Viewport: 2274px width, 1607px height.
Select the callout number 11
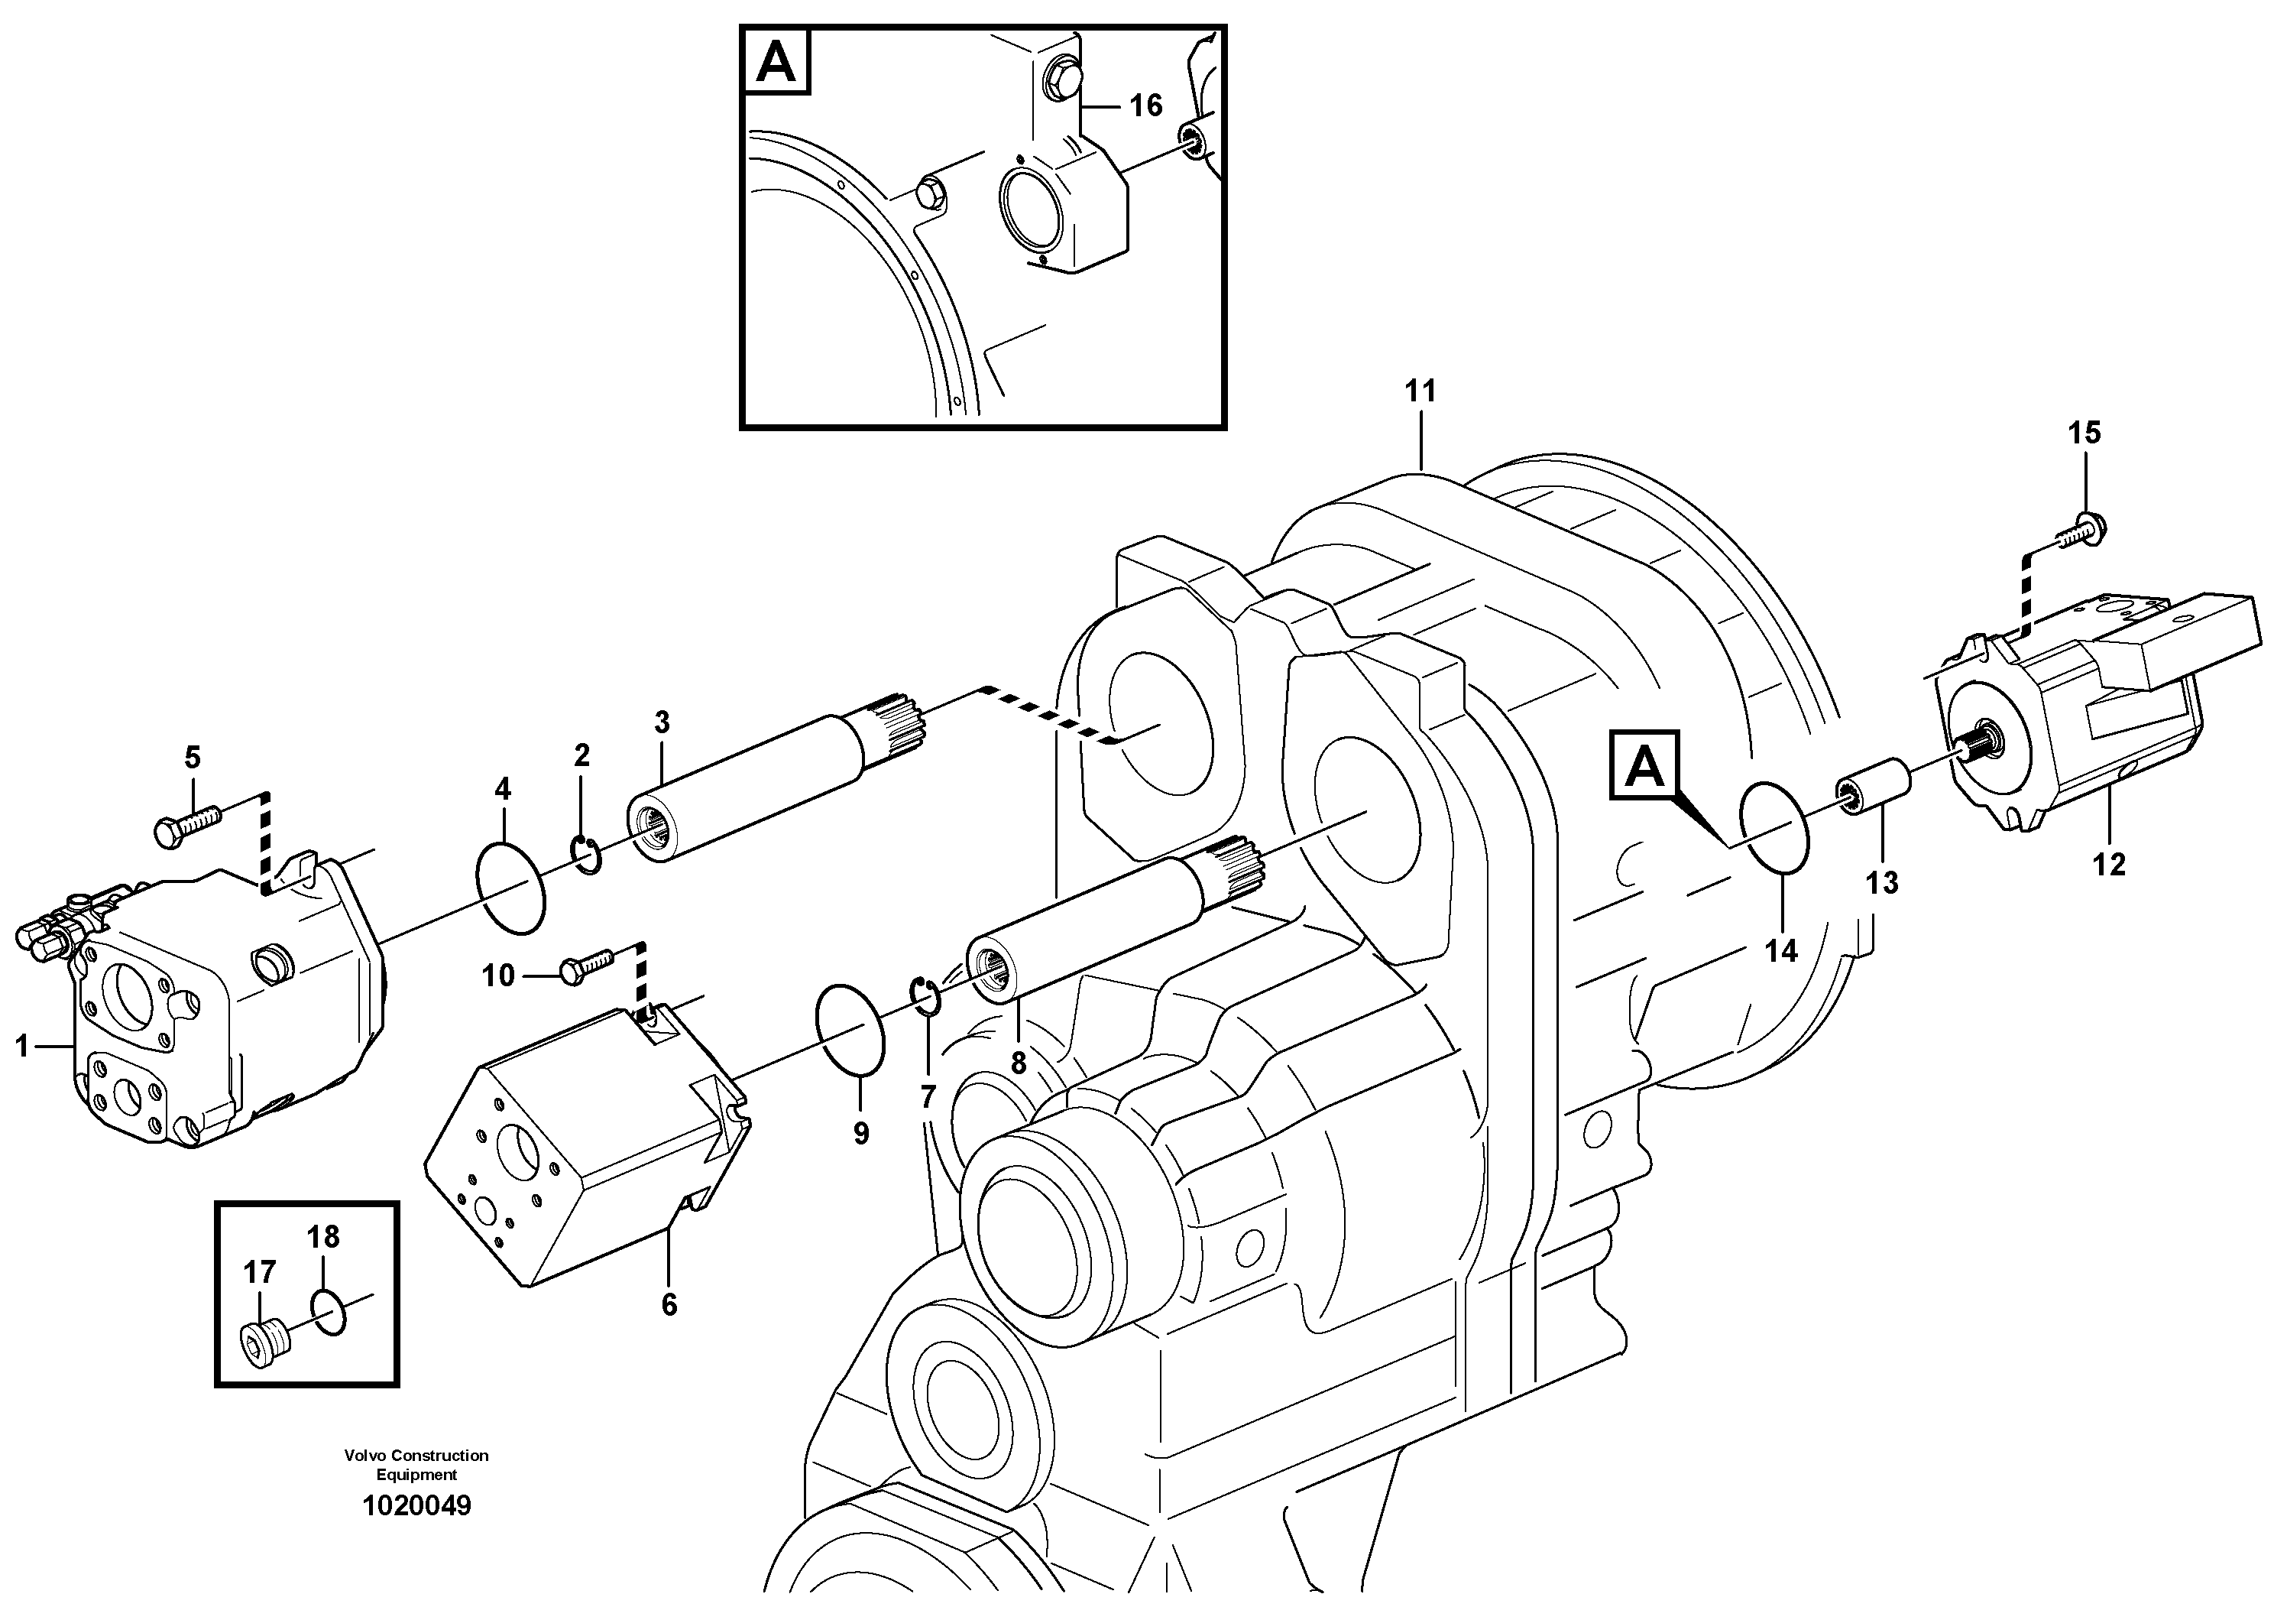(1420, 391)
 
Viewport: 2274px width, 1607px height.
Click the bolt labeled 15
(2081, 530)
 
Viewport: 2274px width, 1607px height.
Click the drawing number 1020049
(417, 1506)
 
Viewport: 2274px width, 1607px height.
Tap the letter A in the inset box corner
(776, 63)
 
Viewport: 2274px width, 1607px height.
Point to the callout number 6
(669, 1305)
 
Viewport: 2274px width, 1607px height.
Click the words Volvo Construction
(416, 1456)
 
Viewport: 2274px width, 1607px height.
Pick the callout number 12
(2109, 865)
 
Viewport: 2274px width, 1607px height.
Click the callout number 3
(662, 722)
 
